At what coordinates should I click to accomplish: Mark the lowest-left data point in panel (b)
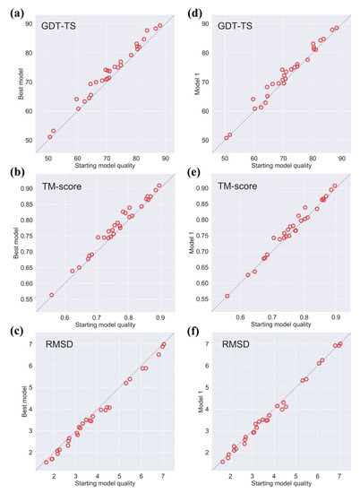click(52, 294)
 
